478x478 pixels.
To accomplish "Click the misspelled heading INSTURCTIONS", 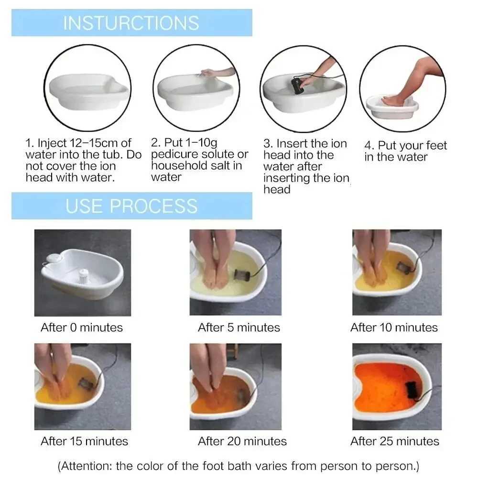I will tap(131, 23).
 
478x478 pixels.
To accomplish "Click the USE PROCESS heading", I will tap(131, 206).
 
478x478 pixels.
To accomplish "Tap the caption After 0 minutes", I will tap(82, 327).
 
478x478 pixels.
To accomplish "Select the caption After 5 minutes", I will tap(239, 327).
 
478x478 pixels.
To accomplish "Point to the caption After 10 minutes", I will tap(394, 327).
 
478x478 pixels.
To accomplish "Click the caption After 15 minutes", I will tap(85, 441).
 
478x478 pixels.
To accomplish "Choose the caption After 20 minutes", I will tap(242, 441).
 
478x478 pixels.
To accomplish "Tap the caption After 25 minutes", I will tap(395, 441).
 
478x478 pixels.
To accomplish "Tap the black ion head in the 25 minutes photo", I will tap(411, 388).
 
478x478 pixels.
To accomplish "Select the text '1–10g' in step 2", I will tap(200, 142).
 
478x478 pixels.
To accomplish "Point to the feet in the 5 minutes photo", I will tap(215, 268).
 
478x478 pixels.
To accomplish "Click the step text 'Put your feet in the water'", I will tap(405, 151).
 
